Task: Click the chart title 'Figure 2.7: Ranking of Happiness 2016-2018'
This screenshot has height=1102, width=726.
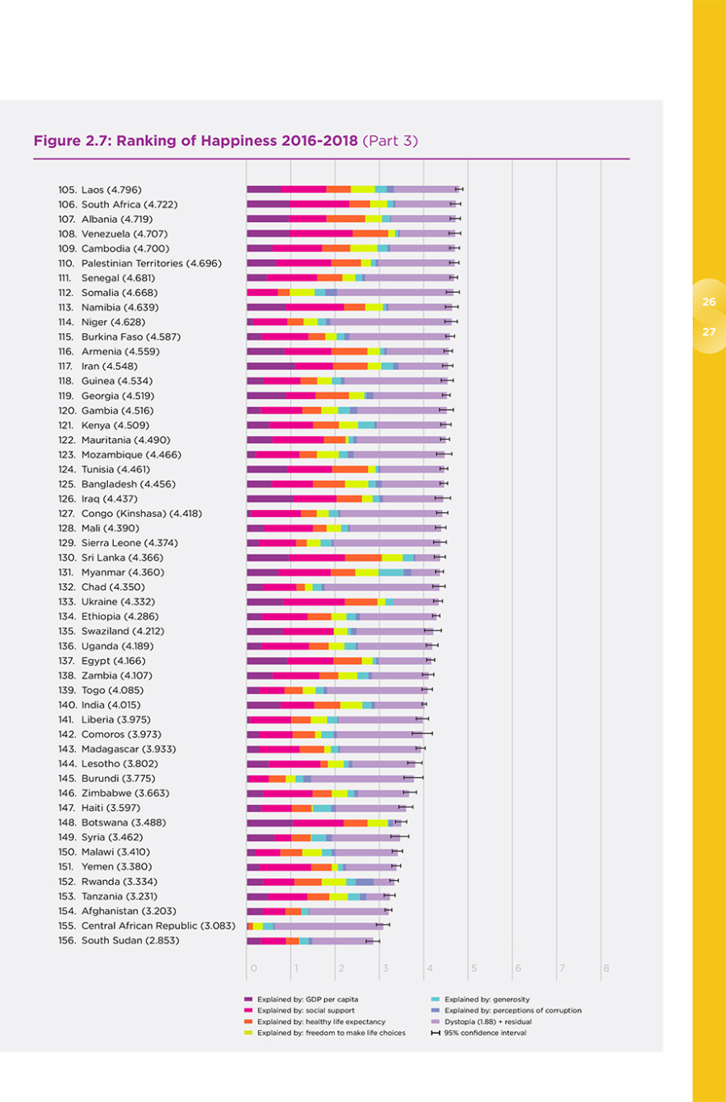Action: (x=196, y=140)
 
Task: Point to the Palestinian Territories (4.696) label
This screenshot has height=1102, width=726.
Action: (x=139, y=263)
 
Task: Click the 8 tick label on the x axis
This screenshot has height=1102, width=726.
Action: (x=606, y=968)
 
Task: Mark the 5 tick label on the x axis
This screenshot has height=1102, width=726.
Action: (x=474, y=968)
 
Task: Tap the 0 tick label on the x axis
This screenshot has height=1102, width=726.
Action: (x=253, y=968)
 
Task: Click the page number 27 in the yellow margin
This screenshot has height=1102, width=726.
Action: (x=709, y=332)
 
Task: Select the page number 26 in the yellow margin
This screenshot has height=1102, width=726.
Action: (x=709, y=303)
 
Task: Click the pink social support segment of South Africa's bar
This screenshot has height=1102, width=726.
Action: (x=319, y=205)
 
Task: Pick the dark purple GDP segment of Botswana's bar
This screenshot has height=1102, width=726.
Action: (x=270, y=822)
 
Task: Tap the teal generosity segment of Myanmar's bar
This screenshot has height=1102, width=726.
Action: (x=390, y=572)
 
